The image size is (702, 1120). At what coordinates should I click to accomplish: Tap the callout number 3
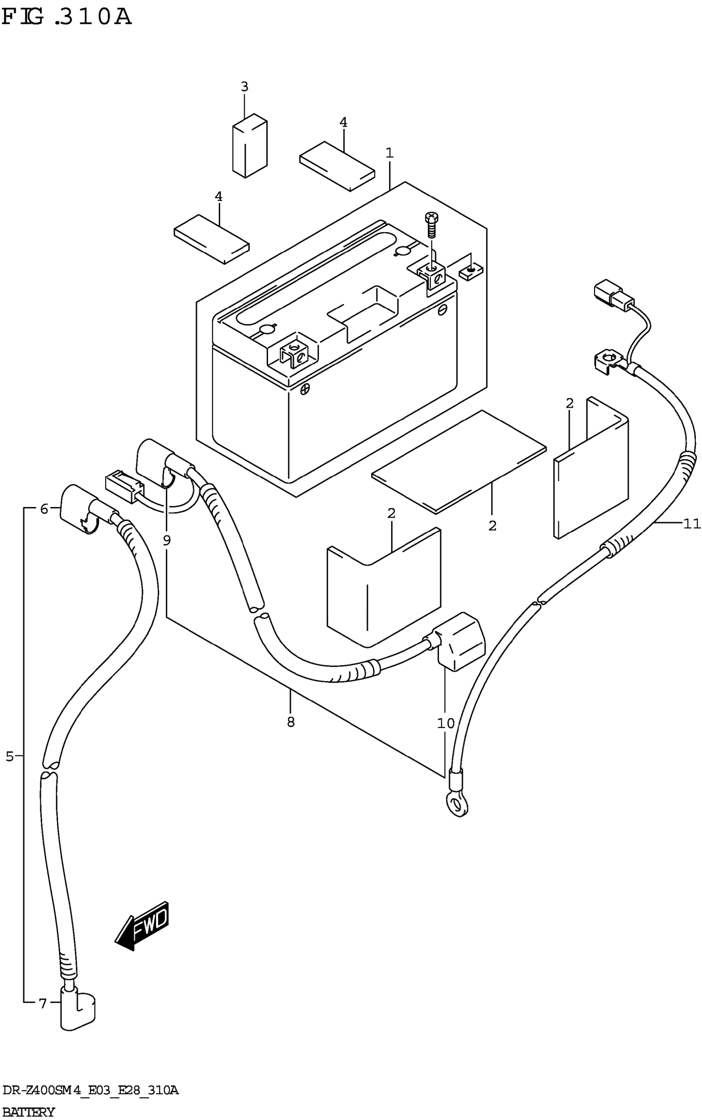[244, 86]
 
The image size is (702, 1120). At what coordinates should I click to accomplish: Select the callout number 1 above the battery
[389, 153]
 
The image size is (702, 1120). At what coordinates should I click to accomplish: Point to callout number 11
[691, 524]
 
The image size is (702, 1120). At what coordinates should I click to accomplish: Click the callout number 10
[445, 723]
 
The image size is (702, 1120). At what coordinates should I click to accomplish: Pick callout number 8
[291, 721]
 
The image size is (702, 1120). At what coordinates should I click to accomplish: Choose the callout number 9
[167, 540]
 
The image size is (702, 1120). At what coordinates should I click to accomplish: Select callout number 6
[44, 509]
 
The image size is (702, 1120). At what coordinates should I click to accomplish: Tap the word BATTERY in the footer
[29, 1112]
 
